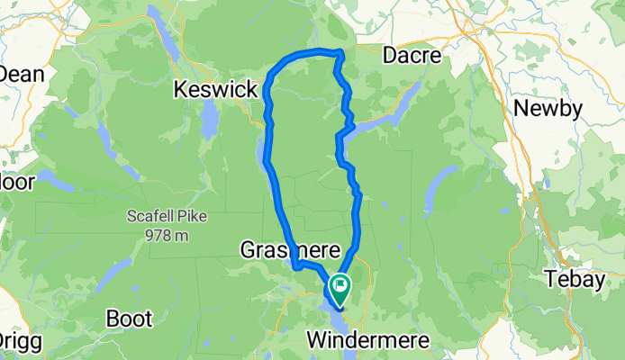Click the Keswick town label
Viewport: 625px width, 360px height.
pyautogui.click(x=213, y=90)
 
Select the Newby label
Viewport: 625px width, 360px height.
pyautogui.click(x=548, y=109)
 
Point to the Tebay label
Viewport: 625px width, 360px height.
pyautogui.click(x=577, y=279)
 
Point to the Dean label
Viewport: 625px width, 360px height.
pyautogui.click(x=23, y=74)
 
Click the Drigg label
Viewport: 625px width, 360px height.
pyautogui.click(x=15, y=341)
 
